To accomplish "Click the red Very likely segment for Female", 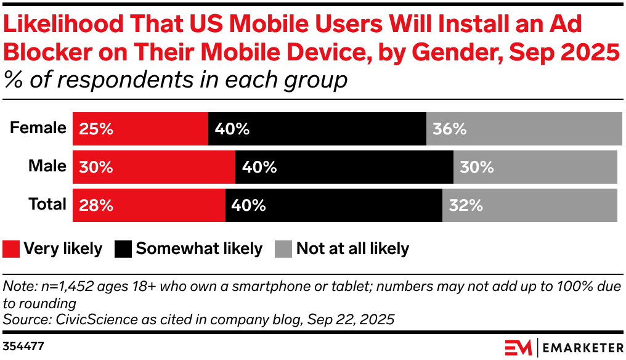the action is (140, 129).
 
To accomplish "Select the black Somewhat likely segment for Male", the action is (344, 167).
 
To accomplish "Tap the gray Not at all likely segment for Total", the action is (530, 205).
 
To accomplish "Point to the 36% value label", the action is (450, 129).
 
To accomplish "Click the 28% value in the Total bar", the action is (96, 205).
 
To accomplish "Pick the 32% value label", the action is (466, 205).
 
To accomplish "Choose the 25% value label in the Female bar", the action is (96, 129).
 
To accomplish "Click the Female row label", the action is (38, 128).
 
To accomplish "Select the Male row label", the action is (47, 166).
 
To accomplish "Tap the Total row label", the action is (47, 204).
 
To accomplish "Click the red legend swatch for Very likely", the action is (11, 249).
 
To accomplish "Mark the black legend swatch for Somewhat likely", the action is (123, 249).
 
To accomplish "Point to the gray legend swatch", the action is (283, 249).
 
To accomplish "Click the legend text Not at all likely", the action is (353, 248).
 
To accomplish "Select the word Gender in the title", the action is (457, 52).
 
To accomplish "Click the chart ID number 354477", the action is (23, 346).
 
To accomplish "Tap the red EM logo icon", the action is (519, 348).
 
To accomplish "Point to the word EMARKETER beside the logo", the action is (583, 348).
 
